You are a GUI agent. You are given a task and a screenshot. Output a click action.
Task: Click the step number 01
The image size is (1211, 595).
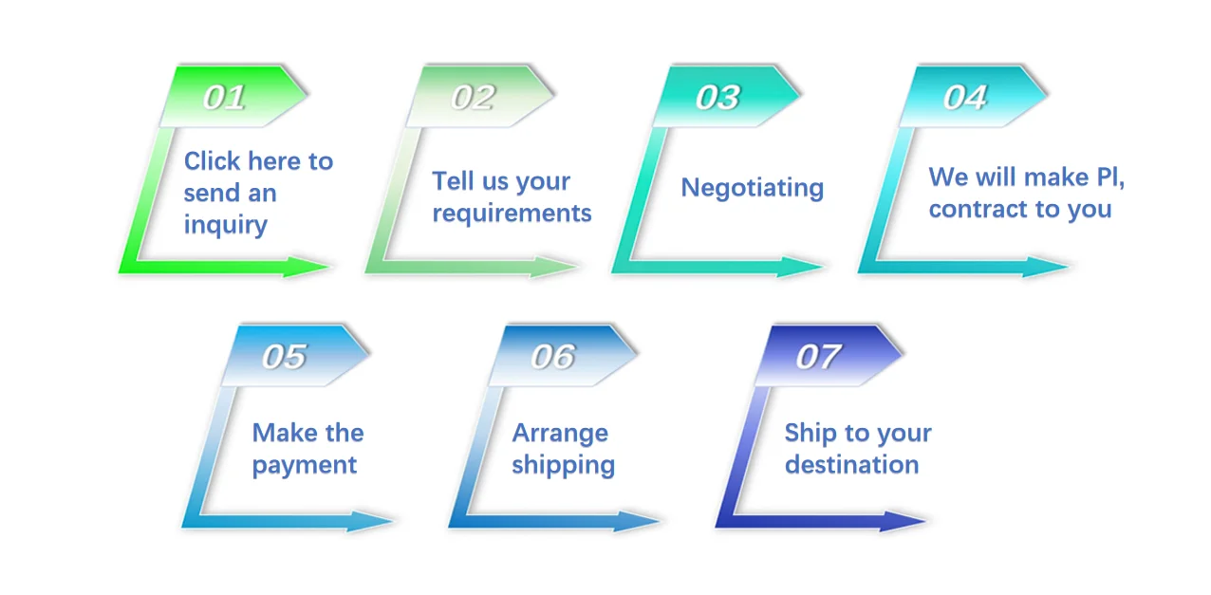pyautogui.click(x=224, y=98)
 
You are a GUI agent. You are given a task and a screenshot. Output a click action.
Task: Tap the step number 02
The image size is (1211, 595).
pyautogui.click(x=473, y=98)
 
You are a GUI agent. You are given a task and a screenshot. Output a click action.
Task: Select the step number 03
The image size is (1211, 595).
pyautogui.click(x=717, y=98)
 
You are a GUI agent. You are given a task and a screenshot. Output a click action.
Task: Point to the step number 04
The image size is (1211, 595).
pyautogui.click(x=965, y=98)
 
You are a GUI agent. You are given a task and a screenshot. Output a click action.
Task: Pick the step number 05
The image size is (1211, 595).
pyautogui.click(x=285, y=357)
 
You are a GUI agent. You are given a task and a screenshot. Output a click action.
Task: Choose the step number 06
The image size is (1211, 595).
pyautogui.click(x=552, y=357)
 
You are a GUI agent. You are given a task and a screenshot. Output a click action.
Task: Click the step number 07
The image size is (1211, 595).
pyautogui.click(x=818, y=357)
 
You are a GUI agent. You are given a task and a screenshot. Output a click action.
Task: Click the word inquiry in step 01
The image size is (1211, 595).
pyautogui.click(x=225, y=226)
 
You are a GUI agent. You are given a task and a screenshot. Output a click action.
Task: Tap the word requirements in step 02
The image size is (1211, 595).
pyautogui.click(x=512, y=214)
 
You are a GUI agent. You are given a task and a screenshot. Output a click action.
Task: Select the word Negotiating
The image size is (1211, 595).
pyautogui.click(x=752, y=188)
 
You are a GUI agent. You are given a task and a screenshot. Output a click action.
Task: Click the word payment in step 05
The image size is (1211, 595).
pyautogui.click(x=304, y=466)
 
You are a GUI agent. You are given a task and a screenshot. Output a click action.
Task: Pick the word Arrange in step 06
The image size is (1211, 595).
pyautogui.click(x=560, y=434)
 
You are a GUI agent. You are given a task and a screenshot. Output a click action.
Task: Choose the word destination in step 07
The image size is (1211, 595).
pyautogui.click(x=851, y=465)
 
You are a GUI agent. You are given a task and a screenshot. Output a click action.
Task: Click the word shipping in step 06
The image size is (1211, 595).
pyautogui.click(x=563, y=466)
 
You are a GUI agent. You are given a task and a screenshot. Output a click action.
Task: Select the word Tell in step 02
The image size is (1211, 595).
pyautogui.click(x=454, y=181)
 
